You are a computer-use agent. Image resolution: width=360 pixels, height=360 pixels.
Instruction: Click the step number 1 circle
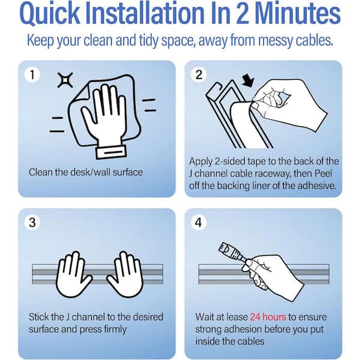pos(32,75)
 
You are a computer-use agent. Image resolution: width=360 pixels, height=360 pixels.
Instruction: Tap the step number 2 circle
pos(199,75)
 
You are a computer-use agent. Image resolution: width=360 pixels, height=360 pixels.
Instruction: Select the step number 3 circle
pos(32,223)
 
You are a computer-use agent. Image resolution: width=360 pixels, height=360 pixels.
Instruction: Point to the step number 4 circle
pos(199,223)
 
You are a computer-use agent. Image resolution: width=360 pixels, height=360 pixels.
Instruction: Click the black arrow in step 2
pos(248,81)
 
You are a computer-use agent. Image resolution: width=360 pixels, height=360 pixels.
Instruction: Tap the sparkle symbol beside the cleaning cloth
pos(65,80)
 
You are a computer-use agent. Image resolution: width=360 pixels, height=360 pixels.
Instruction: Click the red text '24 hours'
pos(268,317)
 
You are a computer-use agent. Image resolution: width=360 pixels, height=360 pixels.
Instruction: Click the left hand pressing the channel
pos(73,274)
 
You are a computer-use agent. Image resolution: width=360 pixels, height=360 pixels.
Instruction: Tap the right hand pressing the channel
pos(125,274)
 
